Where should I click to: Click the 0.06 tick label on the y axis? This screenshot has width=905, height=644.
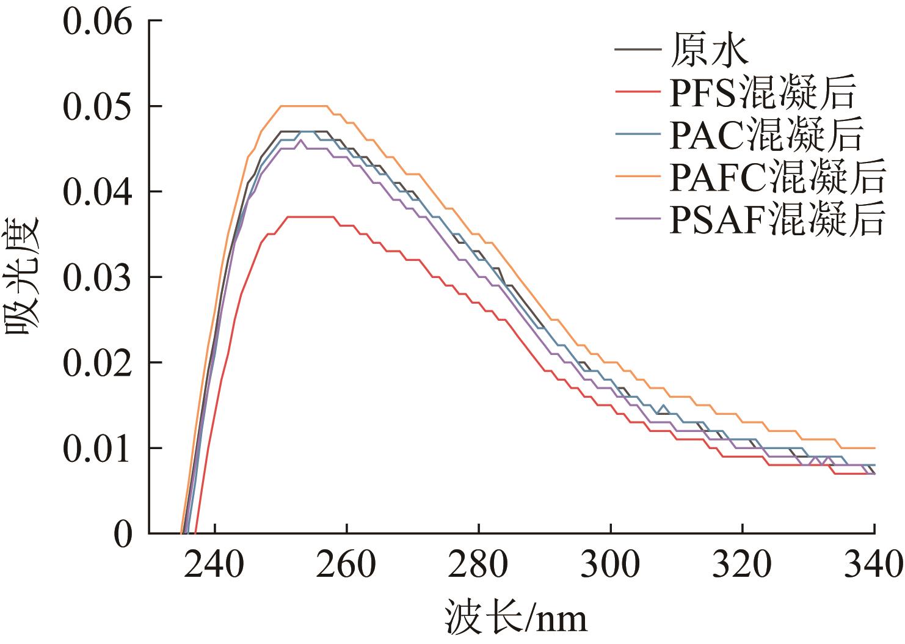(x=97, y=22)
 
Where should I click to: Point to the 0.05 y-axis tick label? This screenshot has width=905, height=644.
(x=97, y=108)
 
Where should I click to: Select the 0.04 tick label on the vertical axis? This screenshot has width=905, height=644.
(x=97, y=193)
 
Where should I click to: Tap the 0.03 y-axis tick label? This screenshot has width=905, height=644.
(x=97, y=279)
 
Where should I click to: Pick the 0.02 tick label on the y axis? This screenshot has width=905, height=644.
(x=97, y=364)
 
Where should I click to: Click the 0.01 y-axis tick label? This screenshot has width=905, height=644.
(x=97, y=450)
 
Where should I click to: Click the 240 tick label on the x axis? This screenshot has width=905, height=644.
(x=214, y=565)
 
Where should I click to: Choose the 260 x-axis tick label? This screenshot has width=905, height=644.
(x=346, y=565)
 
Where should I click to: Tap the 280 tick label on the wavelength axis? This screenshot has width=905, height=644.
(x=479, y=565)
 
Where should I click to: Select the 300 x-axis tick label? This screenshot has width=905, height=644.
(x=611, y=565)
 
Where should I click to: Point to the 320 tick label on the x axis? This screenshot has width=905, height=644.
(x=743, y=565)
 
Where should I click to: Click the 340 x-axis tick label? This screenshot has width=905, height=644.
(x=873, y=565)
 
